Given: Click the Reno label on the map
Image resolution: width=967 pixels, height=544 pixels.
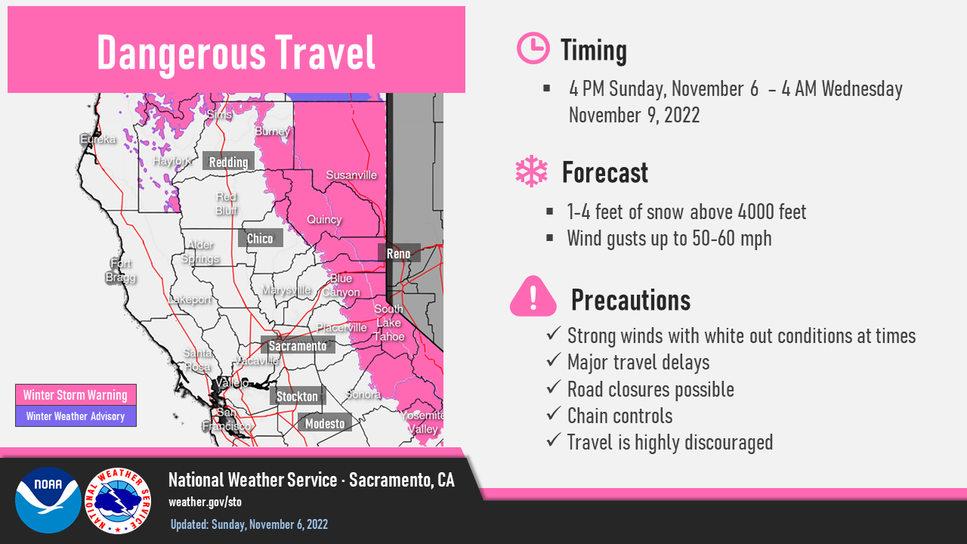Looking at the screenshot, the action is tap(399, 253).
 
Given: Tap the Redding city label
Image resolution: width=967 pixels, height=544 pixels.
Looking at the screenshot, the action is tap(228, 162).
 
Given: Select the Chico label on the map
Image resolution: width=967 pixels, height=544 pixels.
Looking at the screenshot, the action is tap(261, 238).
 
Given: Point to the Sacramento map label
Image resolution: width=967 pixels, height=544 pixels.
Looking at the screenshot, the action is tap(298, 345).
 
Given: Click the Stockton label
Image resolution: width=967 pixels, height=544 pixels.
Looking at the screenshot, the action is tap(297, 396).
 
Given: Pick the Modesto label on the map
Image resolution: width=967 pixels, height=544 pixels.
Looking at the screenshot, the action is tap(325, 423).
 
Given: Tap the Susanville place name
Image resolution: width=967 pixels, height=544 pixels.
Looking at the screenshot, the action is tap(351, 175).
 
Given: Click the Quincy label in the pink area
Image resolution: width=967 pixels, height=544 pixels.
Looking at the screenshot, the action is tap(324, 220).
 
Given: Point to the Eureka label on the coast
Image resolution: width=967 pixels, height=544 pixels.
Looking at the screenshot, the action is tap(98, 139).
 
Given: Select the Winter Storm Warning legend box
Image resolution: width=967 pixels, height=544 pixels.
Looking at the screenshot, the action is tap(76, 394).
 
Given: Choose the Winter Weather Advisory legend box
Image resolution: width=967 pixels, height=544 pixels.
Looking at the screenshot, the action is tap(76, 416).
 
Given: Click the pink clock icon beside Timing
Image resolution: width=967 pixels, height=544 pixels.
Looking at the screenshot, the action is tap(533, 48).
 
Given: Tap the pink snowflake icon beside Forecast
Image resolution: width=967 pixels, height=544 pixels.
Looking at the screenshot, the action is tap(531, 171).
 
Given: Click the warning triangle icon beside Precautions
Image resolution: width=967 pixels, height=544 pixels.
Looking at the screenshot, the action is tap(533, 296).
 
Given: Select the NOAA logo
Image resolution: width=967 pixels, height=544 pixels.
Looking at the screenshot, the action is tap(48, 500).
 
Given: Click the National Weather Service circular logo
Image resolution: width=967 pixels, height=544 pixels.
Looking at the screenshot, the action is tap(118, 501).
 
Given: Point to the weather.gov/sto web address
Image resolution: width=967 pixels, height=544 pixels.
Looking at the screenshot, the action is tap(205, 502).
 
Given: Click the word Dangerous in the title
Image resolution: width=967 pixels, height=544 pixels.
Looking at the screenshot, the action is tap(181, 54).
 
